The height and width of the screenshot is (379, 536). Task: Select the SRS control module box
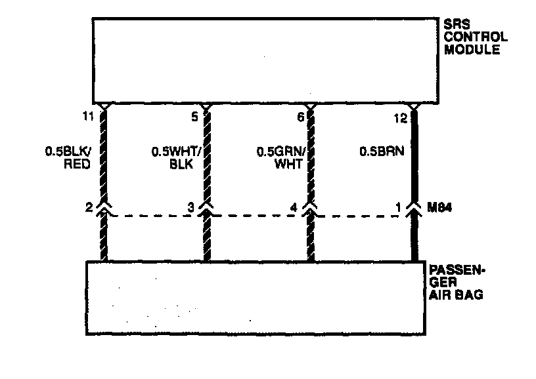point(263,60)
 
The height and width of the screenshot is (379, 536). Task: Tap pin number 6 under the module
point(300,118)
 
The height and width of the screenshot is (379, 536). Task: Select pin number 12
point(401,118)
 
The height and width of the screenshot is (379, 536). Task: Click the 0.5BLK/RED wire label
point(70,157)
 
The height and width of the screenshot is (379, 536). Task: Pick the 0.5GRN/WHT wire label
point(279,157)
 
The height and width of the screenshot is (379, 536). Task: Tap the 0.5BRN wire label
point(380,151)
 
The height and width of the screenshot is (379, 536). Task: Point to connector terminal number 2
point(88,208)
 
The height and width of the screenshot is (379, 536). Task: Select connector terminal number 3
point(191,208)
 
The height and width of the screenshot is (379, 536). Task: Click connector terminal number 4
point(294,208)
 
